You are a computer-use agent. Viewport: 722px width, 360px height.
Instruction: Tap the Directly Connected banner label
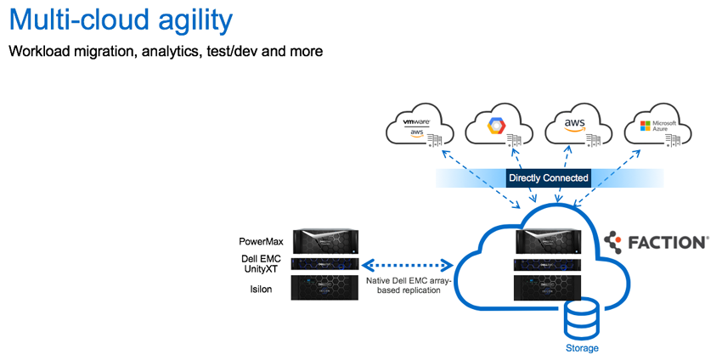coord(548,178)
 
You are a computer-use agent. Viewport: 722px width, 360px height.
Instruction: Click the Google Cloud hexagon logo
coord(495,127)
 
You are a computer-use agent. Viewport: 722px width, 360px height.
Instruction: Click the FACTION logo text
coord(667,243)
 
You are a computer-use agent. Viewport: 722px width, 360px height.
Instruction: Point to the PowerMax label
coord(262,242)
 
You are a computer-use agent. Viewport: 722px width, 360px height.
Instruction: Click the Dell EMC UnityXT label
coord(262,263)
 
